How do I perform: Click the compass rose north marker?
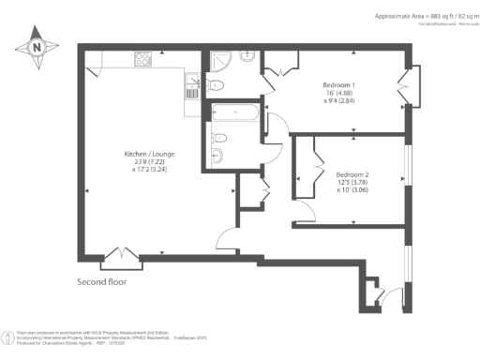click(x=36, y=45)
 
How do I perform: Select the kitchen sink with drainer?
click(x=191, y=87)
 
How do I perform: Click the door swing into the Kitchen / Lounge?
click(x=229, y=240)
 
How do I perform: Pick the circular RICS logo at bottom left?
click(x=8, y=336)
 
